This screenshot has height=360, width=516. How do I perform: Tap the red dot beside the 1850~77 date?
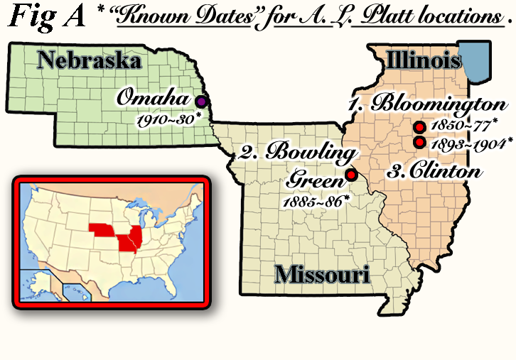[419, 127]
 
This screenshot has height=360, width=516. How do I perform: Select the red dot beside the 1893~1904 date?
[419, 142]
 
